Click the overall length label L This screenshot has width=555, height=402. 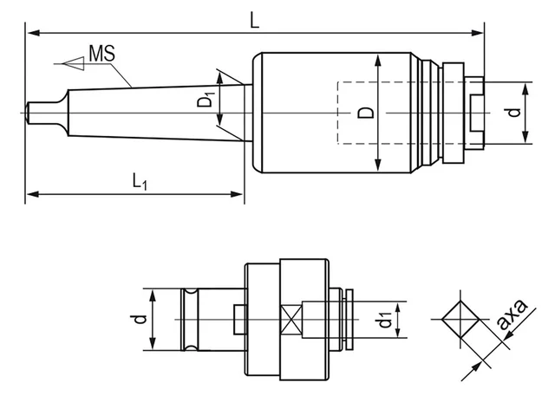pyautogui.click(x=255, y=19)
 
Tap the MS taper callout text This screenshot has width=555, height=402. pyautogui.click(x=102, y=55)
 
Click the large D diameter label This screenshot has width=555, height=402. pyautogui.click(x=367, y=113)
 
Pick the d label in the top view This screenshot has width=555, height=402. pyautogui.click(x=514, y=112)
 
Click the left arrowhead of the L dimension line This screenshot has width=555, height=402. pyautogui.click(x=31, y=33)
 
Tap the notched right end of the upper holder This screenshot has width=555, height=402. pyautogui.click(x=474, y=112)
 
